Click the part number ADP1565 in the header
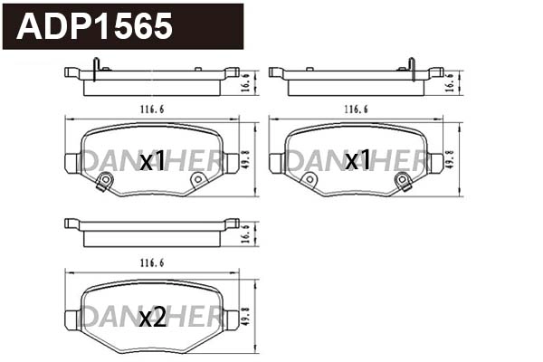(x=95, y=26)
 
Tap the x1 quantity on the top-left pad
(x=152, y=162)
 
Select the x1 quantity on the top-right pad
(x=357, y=161)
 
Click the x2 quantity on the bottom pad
(x=152, y=318)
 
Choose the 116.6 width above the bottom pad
(x=152, y=263)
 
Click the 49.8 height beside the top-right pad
(x=451, y=161)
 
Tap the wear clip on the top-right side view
(x=411, y=66)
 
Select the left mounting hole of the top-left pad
(x=104, y=181)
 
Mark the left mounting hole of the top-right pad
(x=309, y=181)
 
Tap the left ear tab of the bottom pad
(x=72, y=319)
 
